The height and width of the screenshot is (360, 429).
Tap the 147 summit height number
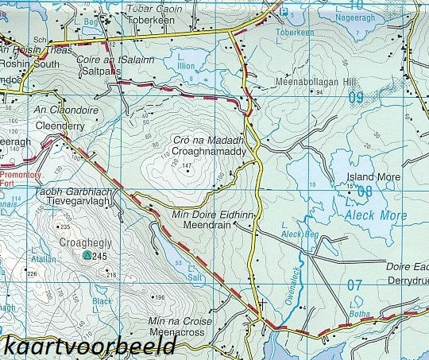point(187,165)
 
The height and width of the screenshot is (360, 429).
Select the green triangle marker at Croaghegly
point(86,256)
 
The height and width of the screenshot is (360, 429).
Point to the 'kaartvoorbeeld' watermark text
point(89,346)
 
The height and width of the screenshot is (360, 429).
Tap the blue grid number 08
point(365,192)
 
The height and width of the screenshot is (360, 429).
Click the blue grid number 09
point(355,98)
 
